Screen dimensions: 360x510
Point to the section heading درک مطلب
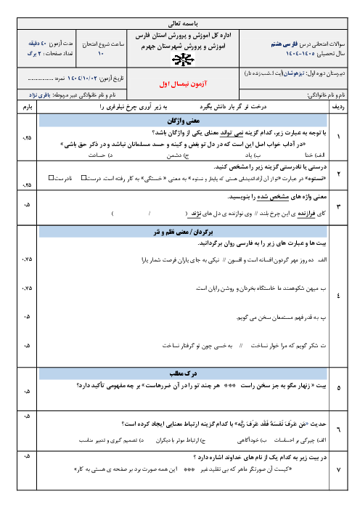click(180, 371)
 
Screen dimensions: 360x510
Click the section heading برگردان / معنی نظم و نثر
click(180, 230)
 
